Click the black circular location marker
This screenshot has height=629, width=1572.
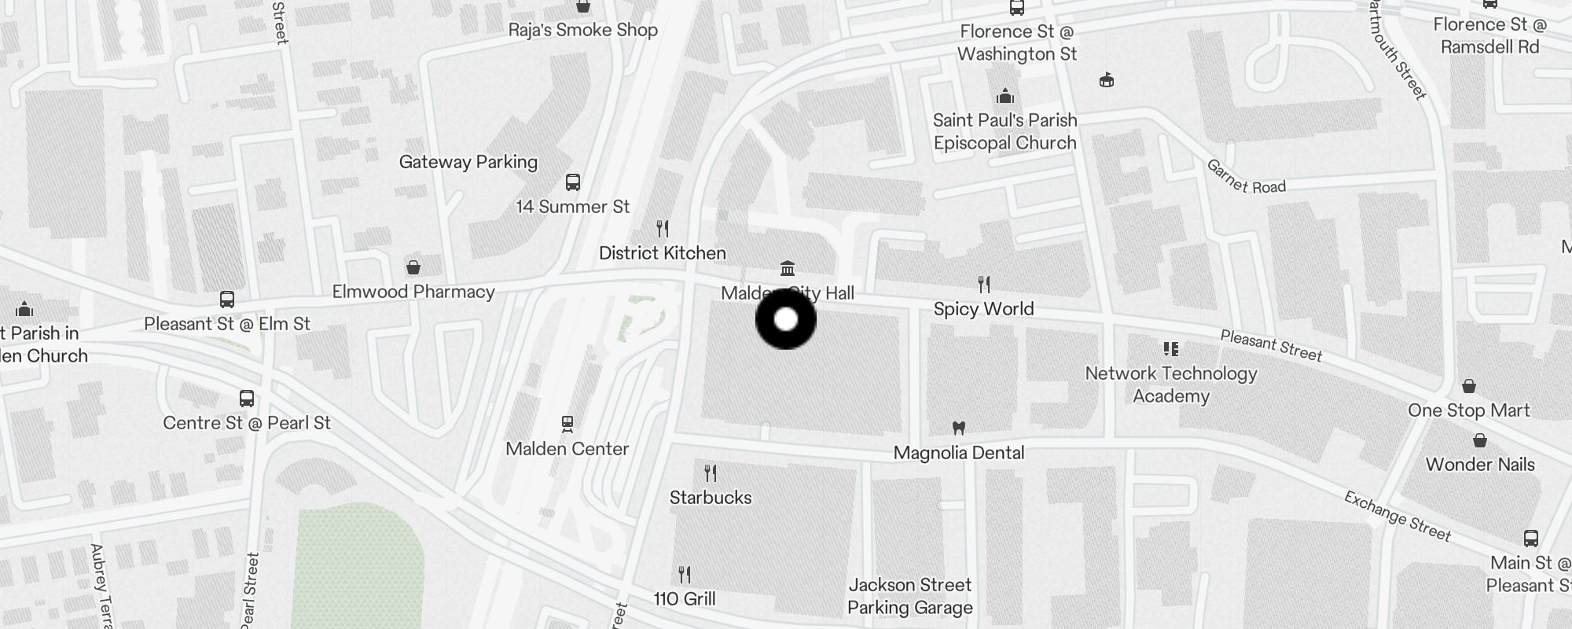[786, 320]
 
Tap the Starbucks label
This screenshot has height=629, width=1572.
[711, 498]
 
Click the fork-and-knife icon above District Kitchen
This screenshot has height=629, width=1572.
[663, 229]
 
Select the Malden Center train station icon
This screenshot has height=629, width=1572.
[567, 425]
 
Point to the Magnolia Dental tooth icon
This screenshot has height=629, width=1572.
[958, 429]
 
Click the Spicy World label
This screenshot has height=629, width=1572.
[983, 309]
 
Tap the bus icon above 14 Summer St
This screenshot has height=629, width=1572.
[573, 182]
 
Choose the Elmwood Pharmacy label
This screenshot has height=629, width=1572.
[413, 292]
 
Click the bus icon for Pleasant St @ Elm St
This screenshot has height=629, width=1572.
[227, 300]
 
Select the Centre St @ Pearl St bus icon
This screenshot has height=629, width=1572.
[247, 399]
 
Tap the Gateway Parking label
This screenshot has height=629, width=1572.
[468, 162]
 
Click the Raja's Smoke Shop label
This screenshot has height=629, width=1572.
[583, 30]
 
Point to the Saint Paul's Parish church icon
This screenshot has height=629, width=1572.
[1005, 97]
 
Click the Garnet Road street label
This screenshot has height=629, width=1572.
[1246, 178]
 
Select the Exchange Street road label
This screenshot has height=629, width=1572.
[1397, 517]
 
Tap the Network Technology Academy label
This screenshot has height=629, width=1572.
[1171, 384]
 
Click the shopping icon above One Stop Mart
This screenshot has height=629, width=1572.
[1468, 386]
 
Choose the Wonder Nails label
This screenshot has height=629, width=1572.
[1480, 465]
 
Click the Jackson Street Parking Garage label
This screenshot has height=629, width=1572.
[910, 596]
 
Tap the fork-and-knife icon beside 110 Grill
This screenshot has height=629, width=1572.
[685, 575]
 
